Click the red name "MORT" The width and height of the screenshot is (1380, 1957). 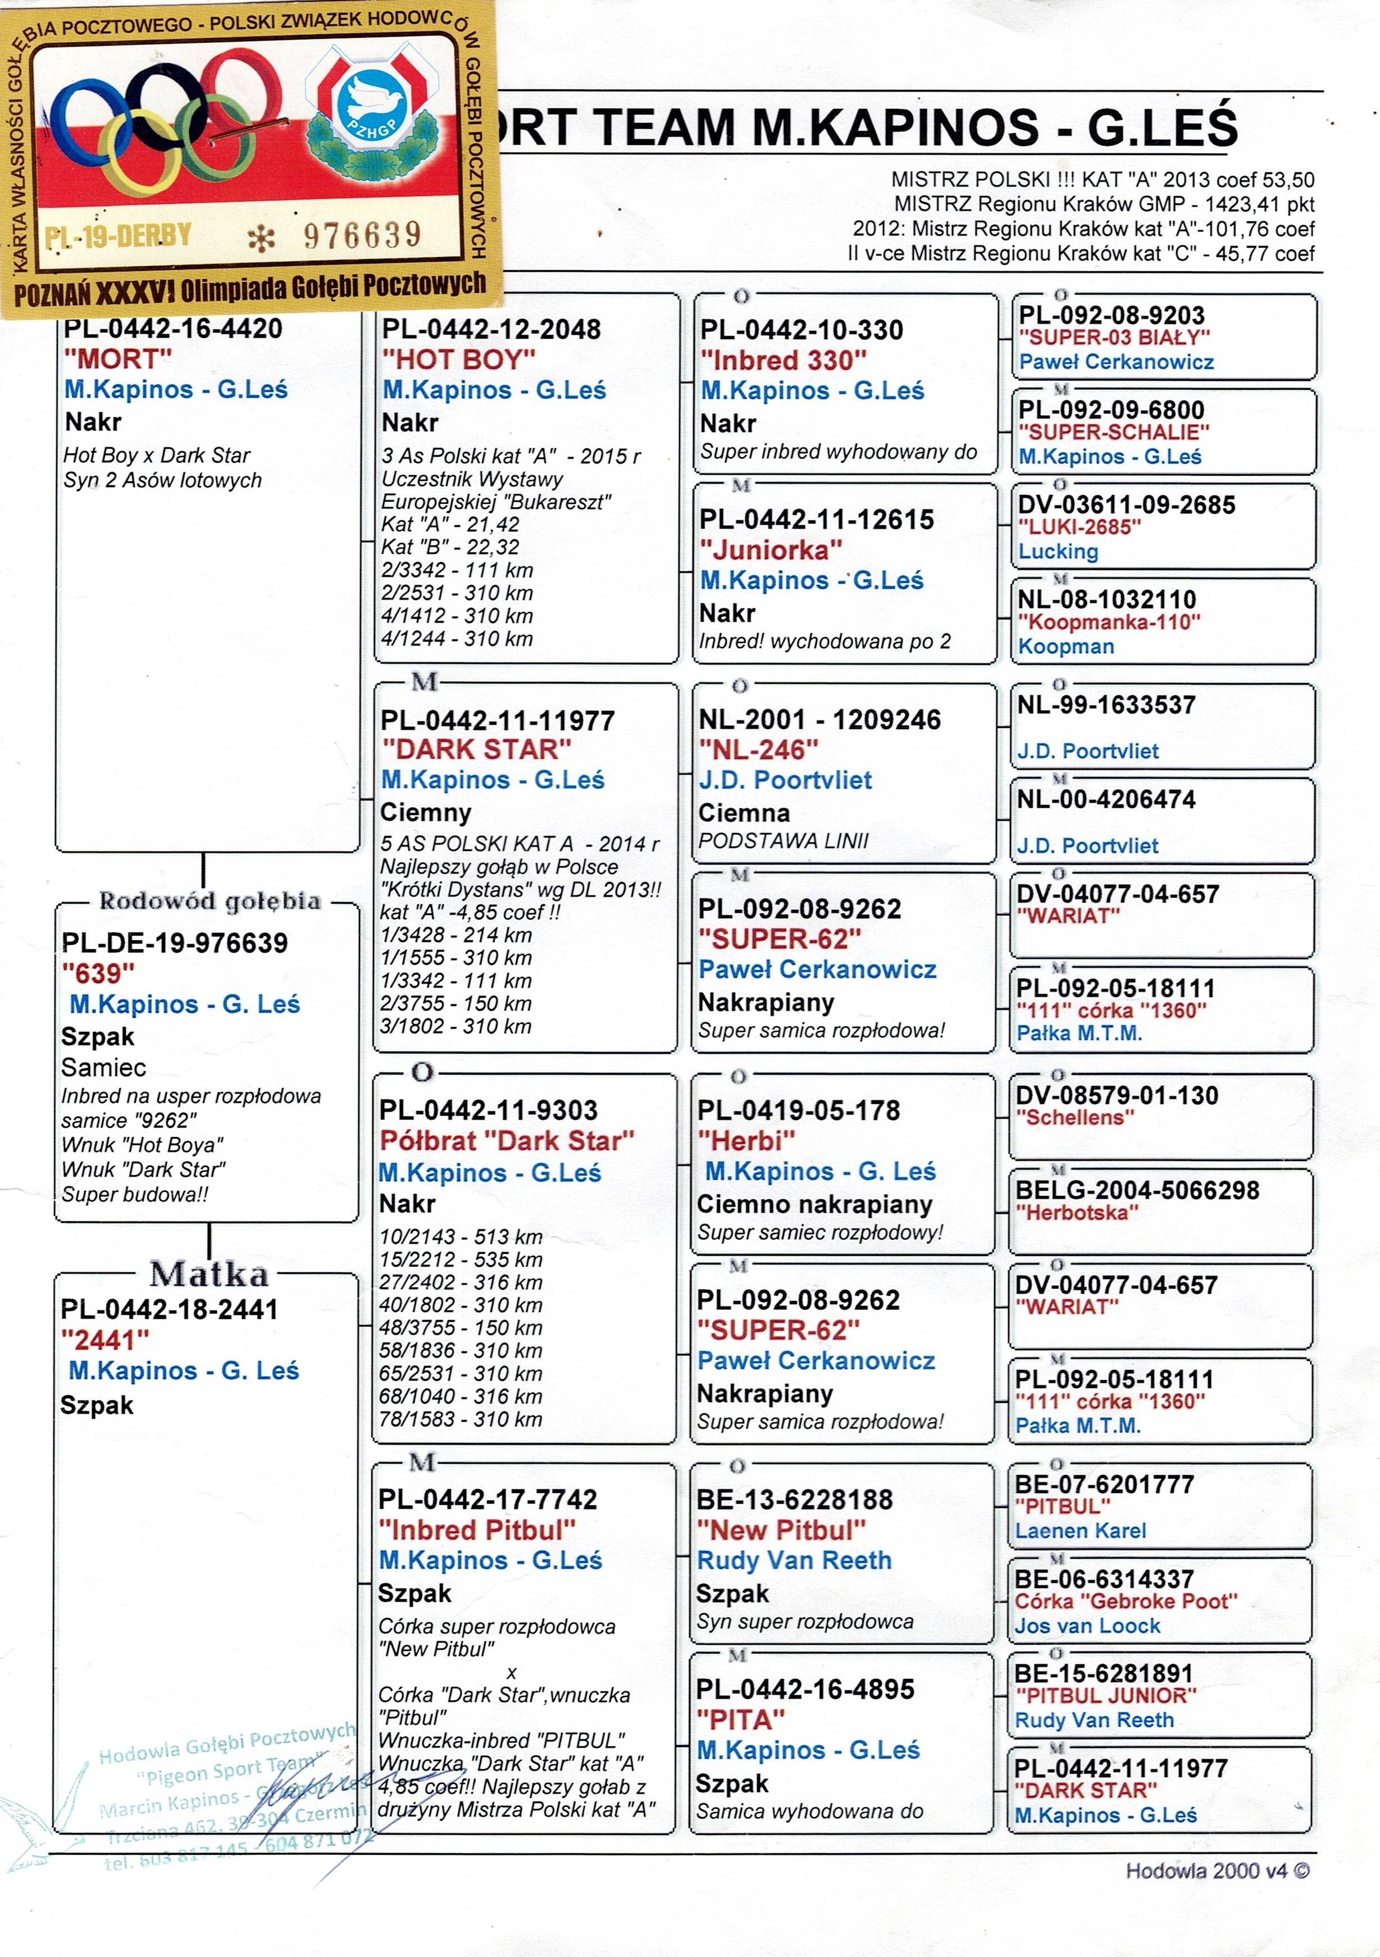tap(117, 359)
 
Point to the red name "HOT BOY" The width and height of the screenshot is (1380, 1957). tap(458, 359)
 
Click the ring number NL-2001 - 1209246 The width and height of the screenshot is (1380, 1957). tap(819, 720)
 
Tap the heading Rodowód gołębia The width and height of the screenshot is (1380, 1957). tap(209, 901)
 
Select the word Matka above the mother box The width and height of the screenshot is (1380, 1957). tap(209, 1275)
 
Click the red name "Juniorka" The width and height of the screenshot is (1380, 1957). tap(771, 550)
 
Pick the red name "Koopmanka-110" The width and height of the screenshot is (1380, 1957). tap(1109, 622)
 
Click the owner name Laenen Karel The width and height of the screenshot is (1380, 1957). tap(1080, 1531)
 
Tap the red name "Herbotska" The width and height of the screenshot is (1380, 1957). tap(1077, 1213)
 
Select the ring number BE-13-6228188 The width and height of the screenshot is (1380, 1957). tap(794, 1500)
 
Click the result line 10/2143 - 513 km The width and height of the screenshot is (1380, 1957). tap(461, 1237)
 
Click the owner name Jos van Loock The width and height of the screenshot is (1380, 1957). tap(1087, 1626)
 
